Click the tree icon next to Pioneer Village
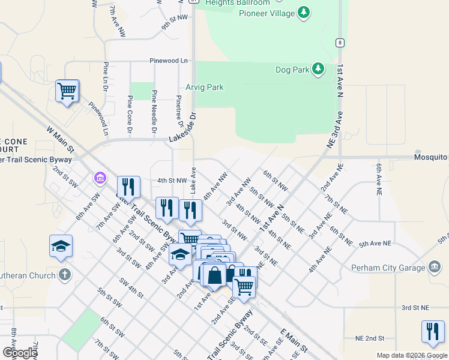click(304, 13)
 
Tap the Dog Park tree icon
click(318, 70)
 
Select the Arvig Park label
click(205, 87)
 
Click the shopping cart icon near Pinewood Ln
click(67, 91)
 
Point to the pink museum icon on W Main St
click(99, 178)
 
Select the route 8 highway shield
click(340, 43)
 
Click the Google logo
click(20, 352)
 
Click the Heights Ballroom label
click(237, 2)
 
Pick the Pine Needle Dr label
click(154, 112)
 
